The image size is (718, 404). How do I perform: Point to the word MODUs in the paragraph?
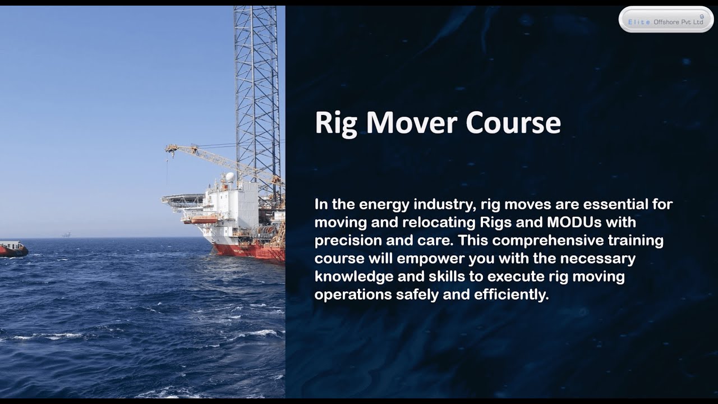point(570,222)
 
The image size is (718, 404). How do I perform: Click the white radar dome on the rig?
point(229,177)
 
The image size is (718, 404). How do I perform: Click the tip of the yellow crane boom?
point(167,148)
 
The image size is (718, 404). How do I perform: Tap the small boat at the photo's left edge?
point(12,249)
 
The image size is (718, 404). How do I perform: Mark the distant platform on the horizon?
point(66,235)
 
